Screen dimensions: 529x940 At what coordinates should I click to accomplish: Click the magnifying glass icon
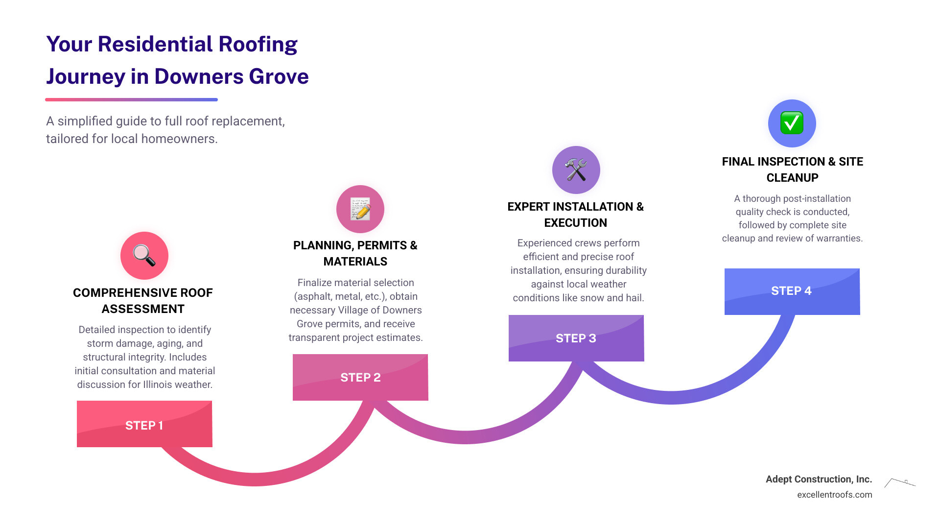point(144,256)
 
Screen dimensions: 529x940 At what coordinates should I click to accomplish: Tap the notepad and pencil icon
point(360,209)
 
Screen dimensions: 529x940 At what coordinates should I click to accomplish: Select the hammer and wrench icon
point(576,170)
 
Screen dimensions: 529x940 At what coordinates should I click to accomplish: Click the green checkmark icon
point(792,123)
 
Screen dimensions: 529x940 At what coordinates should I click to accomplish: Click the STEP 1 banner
point(144,424)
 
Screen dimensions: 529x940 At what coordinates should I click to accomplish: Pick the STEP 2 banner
point(360,377)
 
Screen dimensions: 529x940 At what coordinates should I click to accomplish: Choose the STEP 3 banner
point(576,338)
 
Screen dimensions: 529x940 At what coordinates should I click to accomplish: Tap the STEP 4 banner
point(792,291)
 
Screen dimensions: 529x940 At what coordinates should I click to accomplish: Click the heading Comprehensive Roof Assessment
point(143,301)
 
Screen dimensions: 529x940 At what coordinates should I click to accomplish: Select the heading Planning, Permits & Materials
point(355,253)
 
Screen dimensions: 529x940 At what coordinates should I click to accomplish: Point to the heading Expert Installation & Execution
point(576,215)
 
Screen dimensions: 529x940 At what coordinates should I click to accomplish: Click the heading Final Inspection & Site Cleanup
point(792,169)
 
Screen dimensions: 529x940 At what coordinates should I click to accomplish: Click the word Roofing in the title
point(258,45)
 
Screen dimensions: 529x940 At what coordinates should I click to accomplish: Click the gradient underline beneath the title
point(131,100)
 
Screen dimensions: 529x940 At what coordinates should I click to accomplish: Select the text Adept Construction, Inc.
point(819,479)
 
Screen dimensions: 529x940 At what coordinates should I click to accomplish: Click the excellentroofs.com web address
point(834,495)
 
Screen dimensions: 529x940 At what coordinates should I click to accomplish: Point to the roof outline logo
point(899,483)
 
